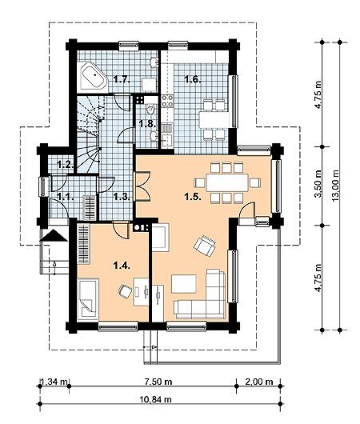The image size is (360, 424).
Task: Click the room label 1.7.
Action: (x=122, y=80)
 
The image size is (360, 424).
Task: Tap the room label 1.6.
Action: (x=193, y=79)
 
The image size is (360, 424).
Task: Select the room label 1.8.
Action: (x=147, y=124)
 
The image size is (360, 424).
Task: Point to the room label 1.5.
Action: (x=193, y=197)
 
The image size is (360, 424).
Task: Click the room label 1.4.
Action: (x=122, y=266)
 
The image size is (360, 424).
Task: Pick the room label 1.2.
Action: (x=65, y=164)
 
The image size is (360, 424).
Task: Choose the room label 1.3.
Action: (x=122, y=197)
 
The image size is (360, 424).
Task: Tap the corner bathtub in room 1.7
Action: (x=93, y=76)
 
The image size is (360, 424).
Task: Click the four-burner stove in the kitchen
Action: (x=167, y=102)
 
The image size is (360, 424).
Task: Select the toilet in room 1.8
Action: (x=150, y=110)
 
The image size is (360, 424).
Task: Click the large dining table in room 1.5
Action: (x=227, y=182)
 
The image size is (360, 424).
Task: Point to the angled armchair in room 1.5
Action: (x=205, y=246)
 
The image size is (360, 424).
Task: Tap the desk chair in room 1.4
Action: (x=125, y=292)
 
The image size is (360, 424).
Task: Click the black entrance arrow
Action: (x=54, y=235)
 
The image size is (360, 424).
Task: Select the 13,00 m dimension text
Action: (x=335, y=186)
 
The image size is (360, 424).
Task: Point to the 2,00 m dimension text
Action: (x=259, y=382)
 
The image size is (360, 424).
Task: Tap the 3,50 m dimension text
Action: (x=319, y=184)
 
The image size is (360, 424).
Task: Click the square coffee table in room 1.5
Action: (x=184, y=284)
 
